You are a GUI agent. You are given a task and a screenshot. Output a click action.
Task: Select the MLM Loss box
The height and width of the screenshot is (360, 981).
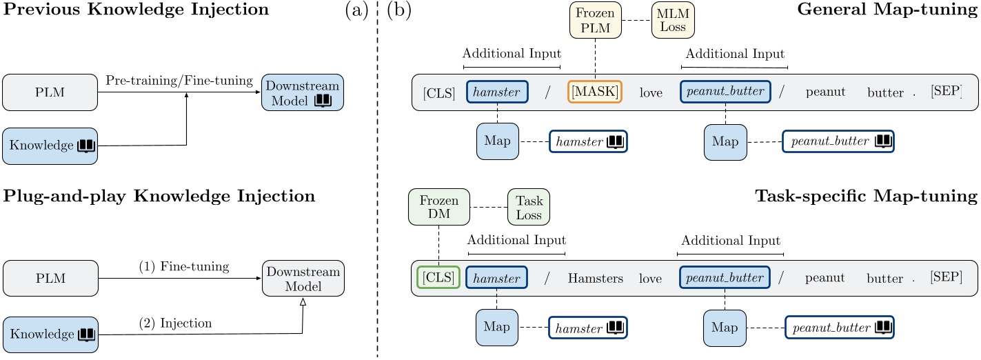tap(674, 20)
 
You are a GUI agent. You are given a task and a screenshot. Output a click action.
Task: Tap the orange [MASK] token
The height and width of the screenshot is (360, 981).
tap(594, 92)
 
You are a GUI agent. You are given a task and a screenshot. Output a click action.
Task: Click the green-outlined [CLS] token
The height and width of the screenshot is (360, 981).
tap(438, 278)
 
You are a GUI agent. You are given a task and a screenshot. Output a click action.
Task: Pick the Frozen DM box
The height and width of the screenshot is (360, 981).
tap(438, 206)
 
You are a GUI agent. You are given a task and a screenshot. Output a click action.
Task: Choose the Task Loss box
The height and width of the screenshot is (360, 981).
tap(529, 206)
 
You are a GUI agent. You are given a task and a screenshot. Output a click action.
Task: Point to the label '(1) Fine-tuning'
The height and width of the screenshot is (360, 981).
tap(183, 266)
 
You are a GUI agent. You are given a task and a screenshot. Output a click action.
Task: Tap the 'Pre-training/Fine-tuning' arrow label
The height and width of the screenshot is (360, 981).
tap(179, 81)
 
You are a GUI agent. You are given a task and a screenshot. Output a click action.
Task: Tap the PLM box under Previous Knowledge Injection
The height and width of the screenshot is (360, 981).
tap(50, 92)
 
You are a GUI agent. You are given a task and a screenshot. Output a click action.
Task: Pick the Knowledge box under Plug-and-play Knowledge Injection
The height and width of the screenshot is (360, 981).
tap(50, 334)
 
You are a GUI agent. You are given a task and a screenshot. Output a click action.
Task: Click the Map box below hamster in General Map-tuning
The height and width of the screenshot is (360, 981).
tap(498, 141)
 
